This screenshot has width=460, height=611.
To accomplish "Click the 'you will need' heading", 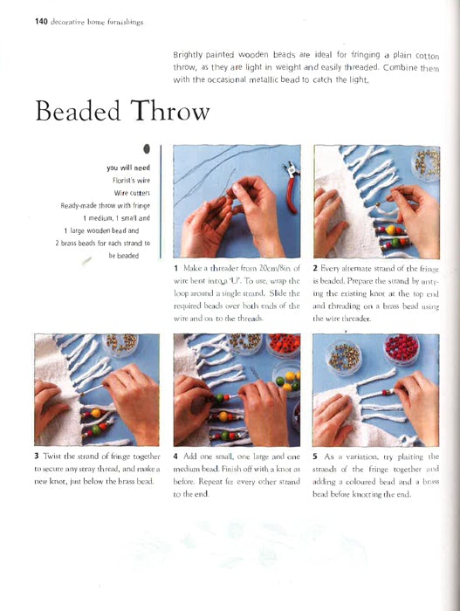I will coord(128,168).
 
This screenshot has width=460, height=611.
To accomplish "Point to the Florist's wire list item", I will coord(129,181).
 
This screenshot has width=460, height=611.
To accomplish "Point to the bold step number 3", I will coord(37,457).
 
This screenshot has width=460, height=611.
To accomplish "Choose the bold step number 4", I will coord(175,457).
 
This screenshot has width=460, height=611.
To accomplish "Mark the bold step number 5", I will coord(315,457).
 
